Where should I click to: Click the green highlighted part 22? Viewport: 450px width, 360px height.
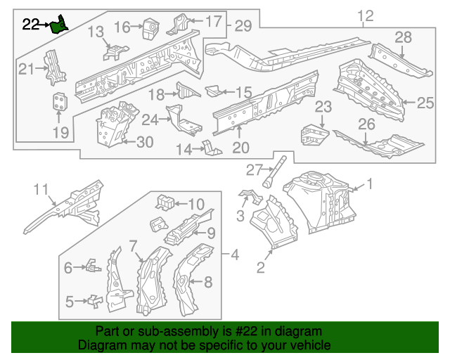tap(61, 25)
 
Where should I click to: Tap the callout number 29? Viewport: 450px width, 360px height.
tap(243, 26)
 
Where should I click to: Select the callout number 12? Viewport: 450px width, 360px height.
tap(366, 16)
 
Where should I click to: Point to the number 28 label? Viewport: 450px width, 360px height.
tap(403, 37)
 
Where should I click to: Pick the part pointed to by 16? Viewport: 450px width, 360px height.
tap(149, 28)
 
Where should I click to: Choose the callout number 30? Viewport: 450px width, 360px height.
tap(143, 142)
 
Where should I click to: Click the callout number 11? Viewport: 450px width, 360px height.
tap(43, 188)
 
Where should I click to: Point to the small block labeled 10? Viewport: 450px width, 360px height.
tap(165, 202)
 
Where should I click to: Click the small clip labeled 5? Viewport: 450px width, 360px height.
tap(94, 301)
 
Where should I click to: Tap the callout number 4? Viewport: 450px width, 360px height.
tap(235, 254)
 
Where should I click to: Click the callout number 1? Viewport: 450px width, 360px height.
tap(371, 186)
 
